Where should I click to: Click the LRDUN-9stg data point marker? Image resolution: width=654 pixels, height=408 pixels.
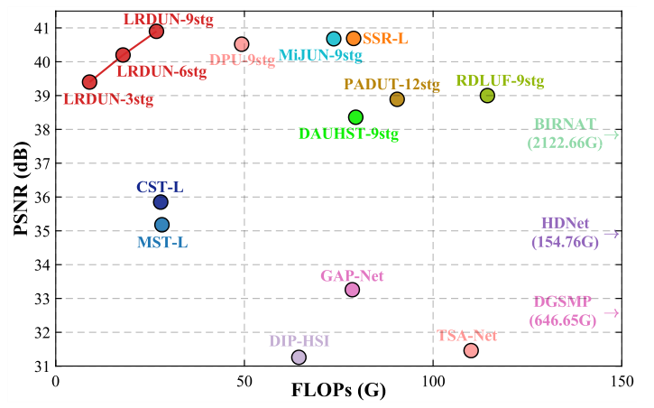coord(156,32)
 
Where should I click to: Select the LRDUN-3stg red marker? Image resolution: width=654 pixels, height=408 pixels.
coord(89,82)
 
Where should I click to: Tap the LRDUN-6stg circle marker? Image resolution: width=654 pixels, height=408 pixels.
coord(123,55)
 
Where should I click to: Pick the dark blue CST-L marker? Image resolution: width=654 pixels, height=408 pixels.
coord(161,202)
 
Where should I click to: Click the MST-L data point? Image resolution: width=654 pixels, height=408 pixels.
coord(161,225)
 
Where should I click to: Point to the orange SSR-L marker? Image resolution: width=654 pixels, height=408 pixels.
coord(354,39)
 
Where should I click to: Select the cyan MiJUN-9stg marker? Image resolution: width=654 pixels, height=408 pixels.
coord(334,39)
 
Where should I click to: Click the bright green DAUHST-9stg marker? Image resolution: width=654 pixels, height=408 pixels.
coord(355,117)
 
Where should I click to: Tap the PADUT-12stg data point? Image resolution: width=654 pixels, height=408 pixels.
coord(397,99)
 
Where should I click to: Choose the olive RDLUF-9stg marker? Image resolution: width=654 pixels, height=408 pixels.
coord(487,96)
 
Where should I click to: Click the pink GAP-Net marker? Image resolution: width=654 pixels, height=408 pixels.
coord(352,290)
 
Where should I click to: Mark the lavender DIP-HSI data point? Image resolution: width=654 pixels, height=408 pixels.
coord(299,357)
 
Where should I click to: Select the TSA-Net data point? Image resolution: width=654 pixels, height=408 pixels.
coord(471,350)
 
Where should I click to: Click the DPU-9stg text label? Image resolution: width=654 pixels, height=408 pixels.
coord(242,60)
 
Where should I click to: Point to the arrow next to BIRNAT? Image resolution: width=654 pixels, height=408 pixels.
coord(613,135)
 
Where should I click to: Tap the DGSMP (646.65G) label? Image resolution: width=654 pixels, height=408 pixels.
coord(564,311)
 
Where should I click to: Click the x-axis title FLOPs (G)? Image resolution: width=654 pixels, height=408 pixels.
coord(338,392)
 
